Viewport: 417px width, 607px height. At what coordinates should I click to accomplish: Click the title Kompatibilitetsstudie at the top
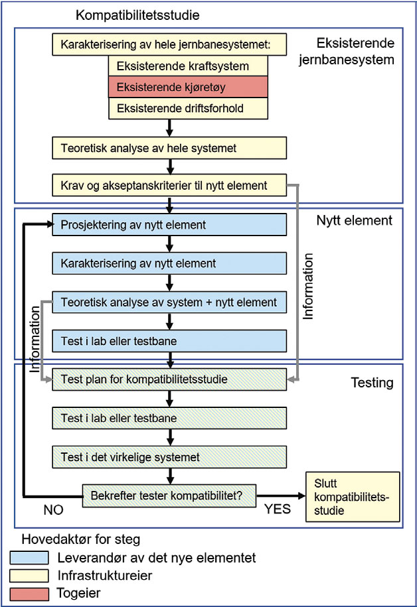pos(137,15)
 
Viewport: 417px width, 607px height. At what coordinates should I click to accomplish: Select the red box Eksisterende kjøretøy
pos(188,87)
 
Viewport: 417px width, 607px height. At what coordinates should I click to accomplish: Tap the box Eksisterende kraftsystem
pos(188,66)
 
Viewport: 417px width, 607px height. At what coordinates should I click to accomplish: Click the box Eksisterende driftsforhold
pos(188,107)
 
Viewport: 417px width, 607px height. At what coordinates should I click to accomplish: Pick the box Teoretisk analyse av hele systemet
pos(169,148)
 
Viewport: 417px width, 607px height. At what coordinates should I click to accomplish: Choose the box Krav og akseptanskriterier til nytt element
pos(169,186)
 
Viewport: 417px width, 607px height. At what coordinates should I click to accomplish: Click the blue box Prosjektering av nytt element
pos(169,224)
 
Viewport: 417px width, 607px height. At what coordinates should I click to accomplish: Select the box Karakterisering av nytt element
pos(169,263)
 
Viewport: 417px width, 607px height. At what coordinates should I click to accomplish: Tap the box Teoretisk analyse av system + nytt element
pos(169,302)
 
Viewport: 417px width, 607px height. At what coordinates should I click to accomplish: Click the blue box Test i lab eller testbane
pos(169,341)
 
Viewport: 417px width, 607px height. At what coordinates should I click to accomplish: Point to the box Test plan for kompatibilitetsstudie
pos(169,380)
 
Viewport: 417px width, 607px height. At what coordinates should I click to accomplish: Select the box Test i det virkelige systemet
pos(169,456)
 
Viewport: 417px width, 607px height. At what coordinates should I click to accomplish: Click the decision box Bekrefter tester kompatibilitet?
pos(169,495)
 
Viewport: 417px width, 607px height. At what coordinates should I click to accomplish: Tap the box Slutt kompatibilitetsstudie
pos(352,496)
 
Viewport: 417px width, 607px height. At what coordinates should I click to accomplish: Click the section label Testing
pos(372,383)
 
